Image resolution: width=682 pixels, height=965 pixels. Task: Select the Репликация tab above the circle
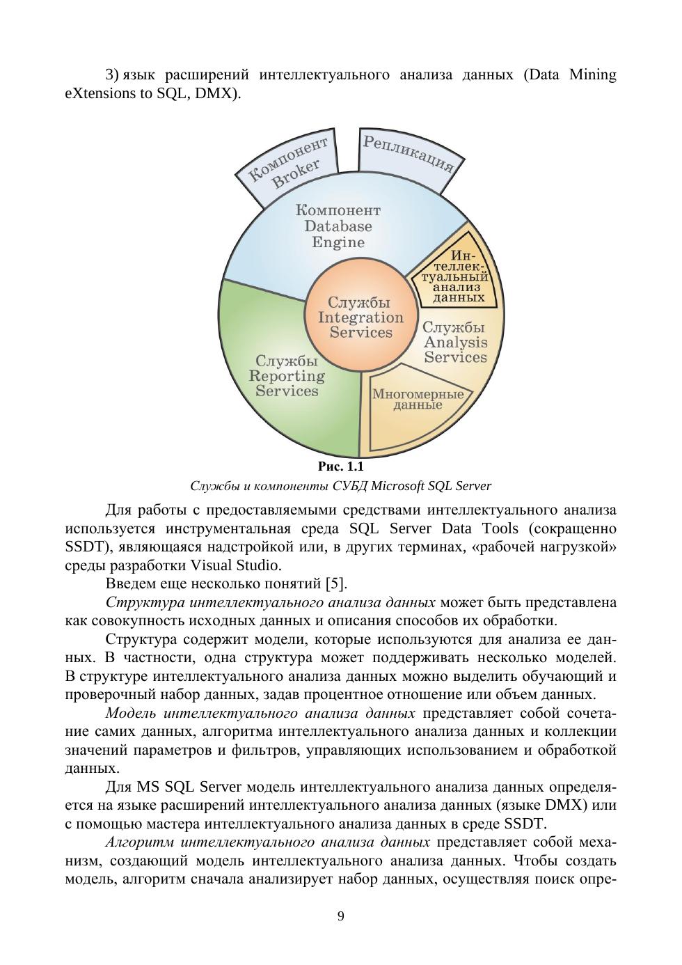click(408, 152)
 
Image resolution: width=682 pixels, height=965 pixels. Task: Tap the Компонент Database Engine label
click(338, 226)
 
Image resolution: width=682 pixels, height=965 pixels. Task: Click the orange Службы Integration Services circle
click(360, 317)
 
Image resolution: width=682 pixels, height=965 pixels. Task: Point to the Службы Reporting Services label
click(287, 376)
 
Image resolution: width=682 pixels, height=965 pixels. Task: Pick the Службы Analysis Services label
click(455, 343)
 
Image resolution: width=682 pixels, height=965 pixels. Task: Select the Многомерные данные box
click(418, 399)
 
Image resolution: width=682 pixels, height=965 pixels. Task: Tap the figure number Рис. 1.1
click(340, 466)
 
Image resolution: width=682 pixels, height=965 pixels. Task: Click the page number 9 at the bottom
click(340, 916)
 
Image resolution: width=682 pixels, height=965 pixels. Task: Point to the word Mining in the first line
click(592, 74)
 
